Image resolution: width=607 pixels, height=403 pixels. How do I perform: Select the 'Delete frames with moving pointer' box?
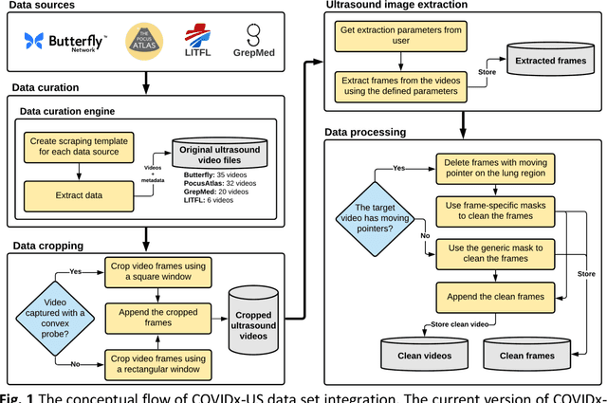click(x=495, y=168)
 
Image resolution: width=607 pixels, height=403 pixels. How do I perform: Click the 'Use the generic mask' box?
click(x=495, y=253)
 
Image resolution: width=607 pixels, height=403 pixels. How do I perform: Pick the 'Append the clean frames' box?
click(x=495, y=296)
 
